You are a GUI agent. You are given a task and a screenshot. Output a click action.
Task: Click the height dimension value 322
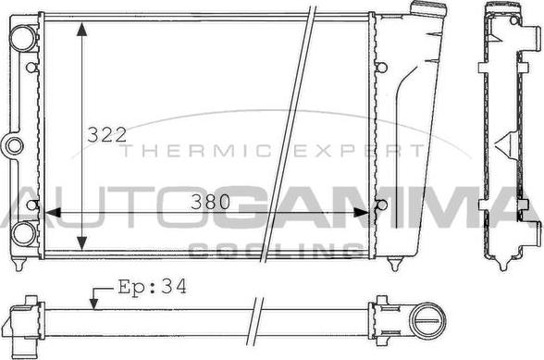(x=106, y=135)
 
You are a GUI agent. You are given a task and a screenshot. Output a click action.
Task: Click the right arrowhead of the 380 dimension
(x=368, y=212)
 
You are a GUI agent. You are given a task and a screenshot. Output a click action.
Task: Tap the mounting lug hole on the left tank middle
(x=13, y=144)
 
